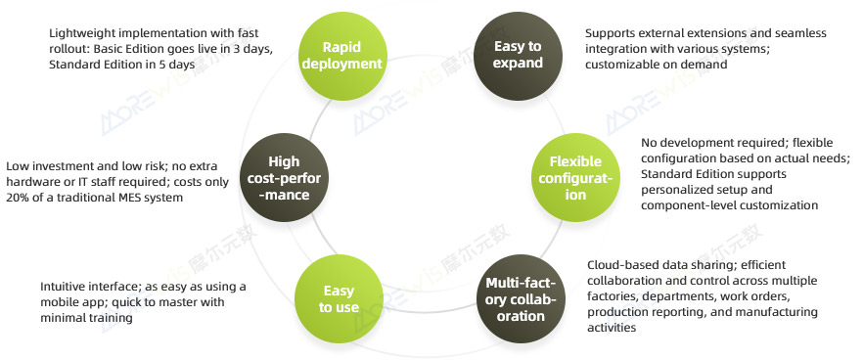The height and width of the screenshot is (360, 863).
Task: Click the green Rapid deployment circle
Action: tap(342, 56)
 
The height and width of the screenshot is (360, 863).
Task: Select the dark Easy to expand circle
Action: tap(518, 56)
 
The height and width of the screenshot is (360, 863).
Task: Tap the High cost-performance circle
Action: tap(285, 177)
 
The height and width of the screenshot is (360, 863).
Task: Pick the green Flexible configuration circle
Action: tap(575, 177)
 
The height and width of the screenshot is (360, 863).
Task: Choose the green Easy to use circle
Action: tap(339, 299)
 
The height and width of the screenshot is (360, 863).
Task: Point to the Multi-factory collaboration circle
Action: tap(521, 299)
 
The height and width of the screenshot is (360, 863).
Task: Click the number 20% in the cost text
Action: tap(19, 198)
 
